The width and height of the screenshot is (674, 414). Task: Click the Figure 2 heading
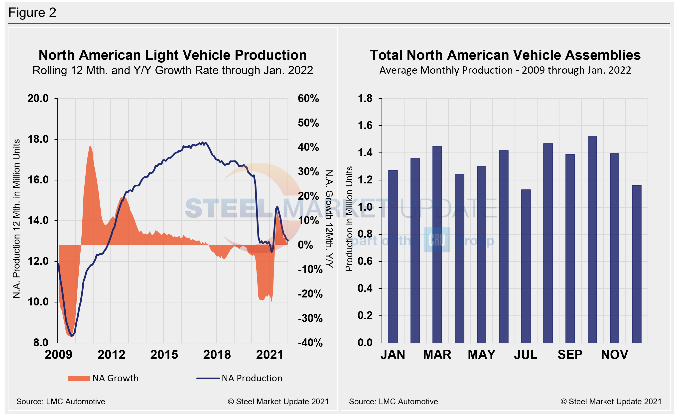tap(32, 12)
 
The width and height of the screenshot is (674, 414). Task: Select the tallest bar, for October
tap(592, 240)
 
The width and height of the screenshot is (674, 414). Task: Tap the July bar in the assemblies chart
tap(526, 266)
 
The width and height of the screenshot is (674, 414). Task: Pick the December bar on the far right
tap(637, 264)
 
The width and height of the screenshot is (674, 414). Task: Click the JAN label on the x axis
tap(393, 355)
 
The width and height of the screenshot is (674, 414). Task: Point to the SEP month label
tap(570, 355)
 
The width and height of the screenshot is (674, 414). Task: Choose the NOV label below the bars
tap(615, 355)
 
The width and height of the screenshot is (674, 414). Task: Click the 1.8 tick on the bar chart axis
tap(365, 98)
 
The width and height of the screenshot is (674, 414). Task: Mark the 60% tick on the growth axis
tap(308, 99)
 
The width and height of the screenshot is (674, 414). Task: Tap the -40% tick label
tap(310, 343)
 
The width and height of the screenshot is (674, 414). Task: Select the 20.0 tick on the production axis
tap(38, 99)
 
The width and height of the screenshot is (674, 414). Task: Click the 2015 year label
tap(164, 355)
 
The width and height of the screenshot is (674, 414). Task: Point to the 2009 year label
tap(58, 355)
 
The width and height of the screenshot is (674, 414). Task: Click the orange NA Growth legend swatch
tap(79, 378)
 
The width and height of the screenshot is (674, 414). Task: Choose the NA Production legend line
tap(208, 378)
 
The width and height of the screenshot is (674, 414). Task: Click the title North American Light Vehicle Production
tap(172, 55)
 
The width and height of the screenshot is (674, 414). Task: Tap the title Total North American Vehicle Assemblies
tap(505, 55)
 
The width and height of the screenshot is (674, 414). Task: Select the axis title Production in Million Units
tap(349, 219)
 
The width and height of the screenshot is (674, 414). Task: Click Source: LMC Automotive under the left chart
tap(61, 402)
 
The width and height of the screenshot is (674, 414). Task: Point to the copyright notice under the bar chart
tap(611, 402)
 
